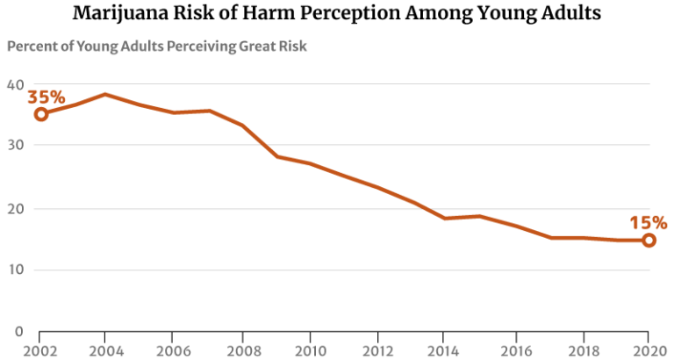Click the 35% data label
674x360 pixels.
[46, 97]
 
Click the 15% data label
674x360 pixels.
[647, 223]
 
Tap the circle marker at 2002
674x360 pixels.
[40, 114]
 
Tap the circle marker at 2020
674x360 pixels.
[649, 240]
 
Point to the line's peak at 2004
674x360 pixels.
[105, 94]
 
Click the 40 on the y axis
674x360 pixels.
[14, 85]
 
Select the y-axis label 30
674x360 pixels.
[14, 145]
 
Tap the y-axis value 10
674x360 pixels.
[14, 270]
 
